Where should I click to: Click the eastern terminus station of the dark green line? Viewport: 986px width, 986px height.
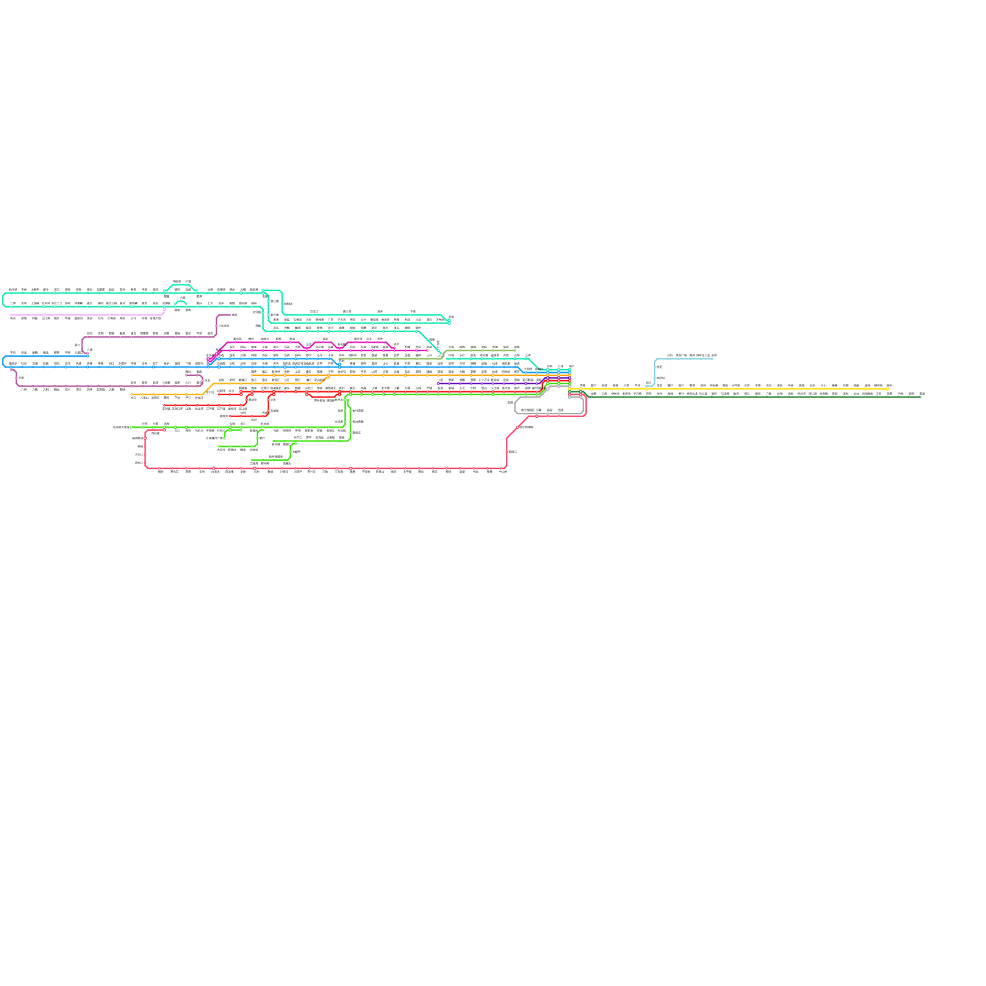tap(921, 397)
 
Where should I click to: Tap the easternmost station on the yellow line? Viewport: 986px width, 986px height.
tap(889, 389)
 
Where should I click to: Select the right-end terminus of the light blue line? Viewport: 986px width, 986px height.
tap(713, 359)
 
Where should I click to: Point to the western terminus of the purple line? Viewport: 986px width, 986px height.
tap(438, 383)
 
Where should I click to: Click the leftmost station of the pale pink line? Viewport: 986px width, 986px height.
tap(12, 315)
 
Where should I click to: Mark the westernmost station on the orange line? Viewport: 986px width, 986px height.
tap(132, 394)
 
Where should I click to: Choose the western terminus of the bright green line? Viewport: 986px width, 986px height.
tap(132, 427)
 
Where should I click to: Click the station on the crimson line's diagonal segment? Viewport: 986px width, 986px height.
tap(518, 427)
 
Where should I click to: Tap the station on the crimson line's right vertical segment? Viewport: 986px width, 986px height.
tap(507, 452)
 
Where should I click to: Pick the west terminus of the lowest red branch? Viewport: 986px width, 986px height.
tap(230, 416)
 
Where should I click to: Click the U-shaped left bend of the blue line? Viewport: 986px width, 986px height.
tap(4, 361)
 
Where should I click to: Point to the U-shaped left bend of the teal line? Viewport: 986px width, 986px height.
tap(4, 299)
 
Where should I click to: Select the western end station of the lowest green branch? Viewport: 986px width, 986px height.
tap(252, 460)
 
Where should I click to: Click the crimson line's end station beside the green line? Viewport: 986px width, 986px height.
tap(165, 430)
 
